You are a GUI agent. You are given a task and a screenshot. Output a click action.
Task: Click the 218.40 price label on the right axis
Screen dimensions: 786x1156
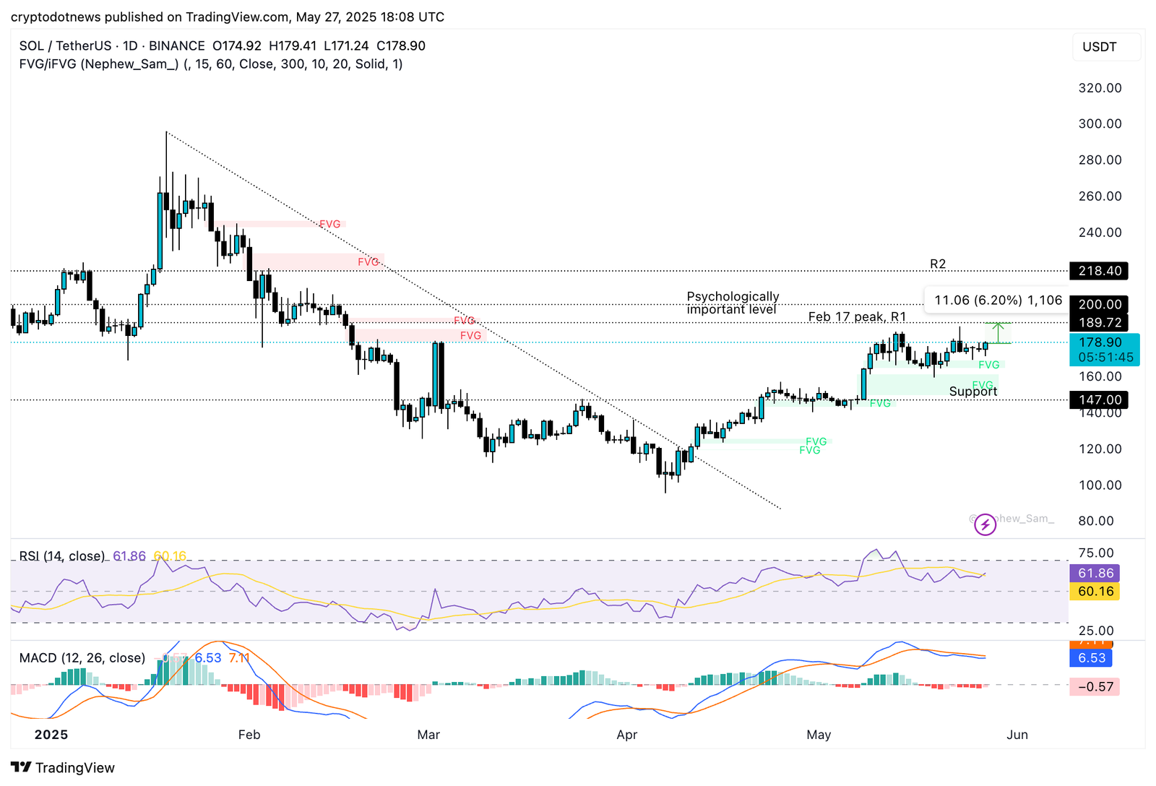[1098, 271]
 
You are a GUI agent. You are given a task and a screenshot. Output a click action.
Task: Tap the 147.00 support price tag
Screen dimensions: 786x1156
[1098, 400]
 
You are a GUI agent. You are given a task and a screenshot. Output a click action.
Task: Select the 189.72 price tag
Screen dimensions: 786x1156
[1098, 323]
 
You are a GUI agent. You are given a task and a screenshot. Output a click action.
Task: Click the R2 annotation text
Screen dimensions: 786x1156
[938, 264]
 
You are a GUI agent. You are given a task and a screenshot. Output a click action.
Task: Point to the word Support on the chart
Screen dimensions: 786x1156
[972, 392]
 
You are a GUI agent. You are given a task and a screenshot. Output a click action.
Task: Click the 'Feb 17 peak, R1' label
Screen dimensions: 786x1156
[857, 317]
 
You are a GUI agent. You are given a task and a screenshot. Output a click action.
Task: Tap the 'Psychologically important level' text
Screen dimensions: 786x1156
[732, 303]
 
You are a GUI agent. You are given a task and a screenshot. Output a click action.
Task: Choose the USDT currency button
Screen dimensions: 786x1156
[1099, 47]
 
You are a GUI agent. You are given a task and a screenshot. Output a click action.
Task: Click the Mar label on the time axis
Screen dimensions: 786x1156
[428, 735]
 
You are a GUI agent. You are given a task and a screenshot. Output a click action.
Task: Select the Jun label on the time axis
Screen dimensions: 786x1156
[1017, 735]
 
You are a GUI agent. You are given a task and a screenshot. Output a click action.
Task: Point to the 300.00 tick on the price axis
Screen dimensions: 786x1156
[1100, 124]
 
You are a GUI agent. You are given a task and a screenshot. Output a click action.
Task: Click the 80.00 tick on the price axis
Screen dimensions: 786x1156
[1096, 521]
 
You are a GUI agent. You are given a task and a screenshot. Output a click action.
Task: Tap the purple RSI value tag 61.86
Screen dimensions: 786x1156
[1094, 574]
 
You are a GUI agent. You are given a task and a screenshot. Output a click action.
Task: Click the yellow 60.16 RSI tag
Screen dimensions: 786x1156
[1094, 592]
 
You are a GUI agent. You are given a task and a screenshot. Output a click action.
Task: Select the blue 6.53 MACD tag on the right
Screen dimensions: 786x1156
[1092, 658]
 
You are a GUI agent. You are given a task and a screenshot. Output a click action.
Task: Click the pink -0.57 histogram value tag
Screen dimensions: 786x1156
[1095, 687]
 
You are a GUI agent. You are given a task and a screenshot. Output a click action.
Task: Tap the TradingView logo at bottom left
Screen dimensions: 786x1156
[63, 768]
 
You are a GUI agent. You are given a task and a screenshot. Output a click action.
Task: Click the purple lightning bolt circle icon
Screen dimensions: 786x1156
[985, 524]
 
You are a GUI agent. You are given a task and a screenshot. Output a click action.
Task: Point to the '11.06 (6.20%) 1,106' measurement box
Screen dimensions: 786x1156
[998, 301]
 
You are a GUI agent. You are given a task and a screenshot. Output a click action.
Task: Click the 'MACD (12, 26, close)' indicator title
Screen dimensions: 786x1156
[82, 658]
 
